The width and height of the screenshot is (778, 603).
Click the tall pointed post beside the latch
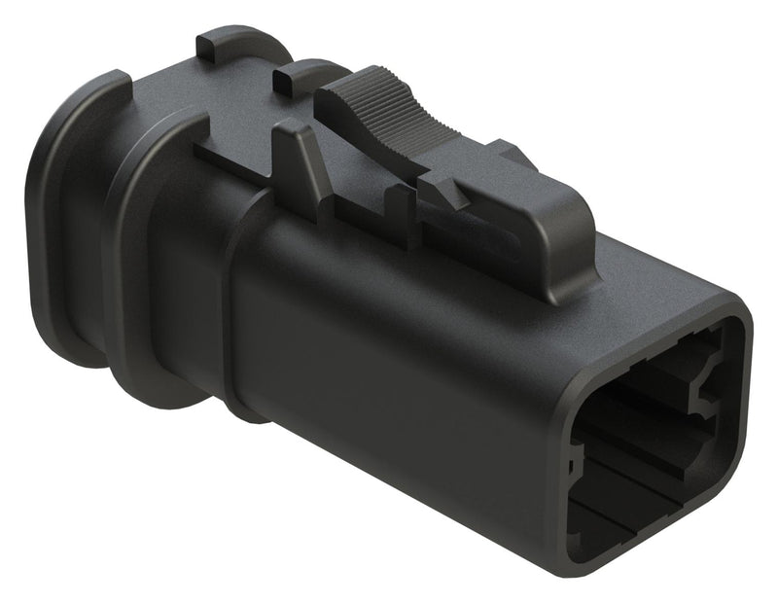[298, 156]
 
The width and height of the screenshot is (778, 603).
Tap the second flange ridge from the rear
[146, 263]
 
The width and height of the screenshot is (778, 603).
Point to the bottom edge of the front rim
[661, 574]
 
